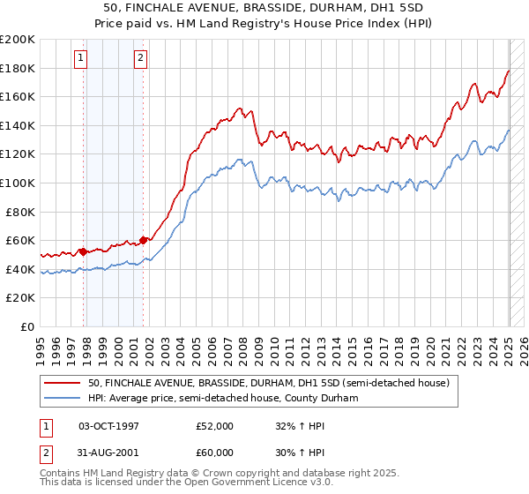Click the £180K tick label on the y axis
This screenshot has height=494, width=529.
point(18,68)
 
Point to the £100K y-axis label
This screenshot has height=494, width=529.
point(18,183)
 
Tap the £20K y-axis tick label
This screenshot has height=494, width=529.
point(20,298)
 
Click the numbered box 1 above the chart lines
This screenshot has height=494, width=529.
point(80,59)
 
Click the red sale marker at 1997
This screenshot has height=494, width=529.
point(83,251)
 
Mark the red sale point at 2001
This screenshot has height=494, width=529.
point(144,240)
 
